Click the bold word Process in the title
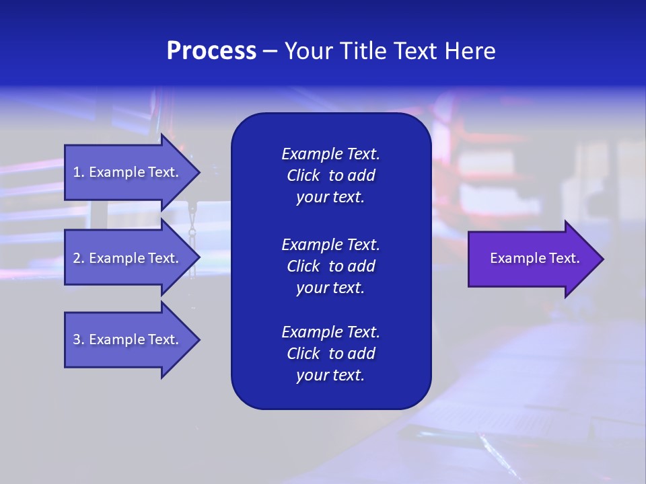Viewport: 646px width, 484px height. [x=211, y=51]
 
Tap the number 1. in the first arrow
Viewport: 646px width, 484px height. [x=79, y=172]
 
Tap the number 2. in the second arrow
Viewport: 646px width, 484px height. [x=79, y=258]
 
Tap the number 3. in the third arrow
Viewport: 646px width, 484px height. [x=79, y=339]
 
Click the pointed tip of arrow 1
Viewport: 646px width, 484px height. [x=199, y=172]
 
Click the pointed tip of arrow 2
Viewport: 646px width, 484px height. [x=199, y=258]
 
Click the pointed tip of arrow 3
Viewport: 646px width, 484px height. [x=199, y=339]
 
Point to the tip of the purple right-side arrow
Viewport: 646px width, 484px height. [x=602, y=259]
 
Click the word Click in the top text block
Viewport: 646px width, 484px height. [x=303, y=175]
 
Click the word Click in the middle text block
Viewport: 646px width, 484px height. [x=303, y=266]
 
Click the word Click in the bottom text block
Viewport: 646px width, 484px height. [x=303, y=354]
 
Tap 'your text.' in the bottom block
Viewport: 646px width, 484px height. [x=330, y=376]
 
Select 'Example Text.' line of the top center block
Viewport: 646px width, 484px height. [x=330, y=154]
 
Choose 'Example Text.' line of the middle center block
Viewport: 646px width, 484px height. [x=330, y=244]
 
